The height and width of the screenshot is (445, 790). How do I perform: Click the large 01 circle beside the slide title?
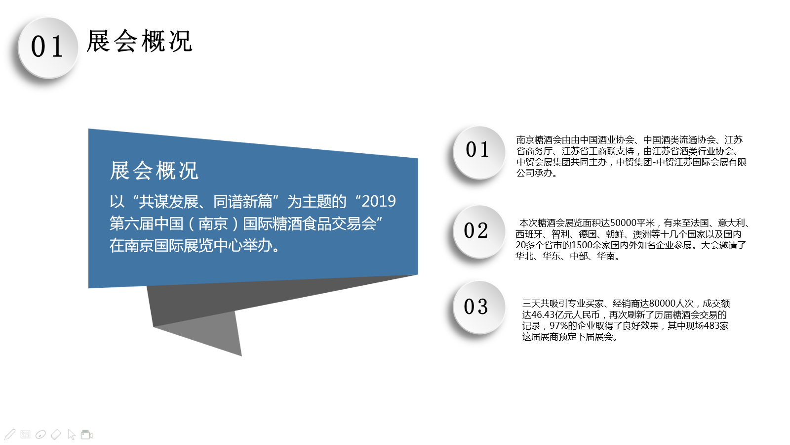pos(48,47)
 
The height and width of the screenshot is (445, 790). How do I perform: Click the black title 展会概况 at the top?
pos(139,42)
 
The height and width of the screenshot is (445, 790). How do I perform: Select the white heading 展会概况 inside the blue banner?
pos(154,171)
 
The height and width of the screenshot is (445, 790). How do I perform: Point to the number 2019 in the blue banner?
pos(379,201)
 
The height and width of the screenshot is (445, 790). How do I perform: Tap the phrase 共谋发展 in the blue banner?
pos(169,202)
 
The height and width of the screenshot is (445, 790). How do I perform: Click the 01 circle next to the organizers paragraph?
pos(479,152)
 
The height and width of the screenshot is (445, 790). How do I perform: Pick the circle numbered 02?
pos(479,232)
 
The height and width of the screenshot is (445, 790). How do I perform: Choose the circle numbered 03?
pos(479,307)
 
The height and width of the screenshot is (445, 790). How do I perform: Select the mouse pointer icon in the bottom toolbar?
pos(72,435)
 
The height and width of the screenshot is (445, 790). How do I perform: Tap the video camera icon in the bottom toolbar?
pos(87,435)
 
